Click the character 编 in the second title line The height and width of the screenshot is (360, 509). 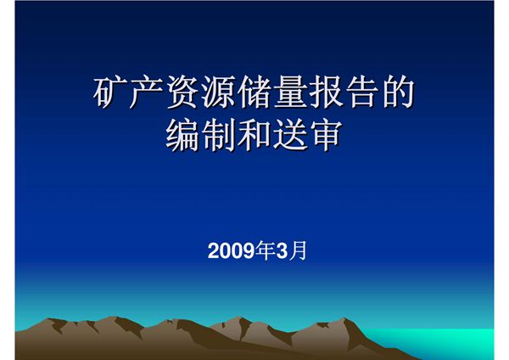coord(182,136)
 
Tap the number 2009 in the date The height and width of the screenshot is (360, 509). coord(232,251)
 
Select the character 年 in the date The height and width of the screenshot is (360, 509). coord(266,251)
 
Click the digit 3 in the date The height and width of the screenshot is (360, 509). coord(282,251)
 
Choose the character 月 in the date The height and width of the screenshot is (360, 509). coord(297,251)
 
